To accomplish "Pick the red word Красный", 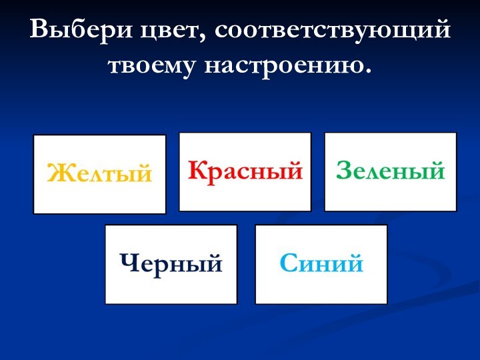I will point(245,171).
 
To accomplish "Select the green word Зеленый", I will point(390,171).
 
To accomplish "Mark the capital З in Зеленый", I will point(344,170).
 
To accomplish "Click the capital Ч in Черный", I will point(127,263).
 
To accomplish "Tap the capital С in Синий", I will point(287,263).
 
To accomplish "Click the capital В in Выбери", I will point(40,30).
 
